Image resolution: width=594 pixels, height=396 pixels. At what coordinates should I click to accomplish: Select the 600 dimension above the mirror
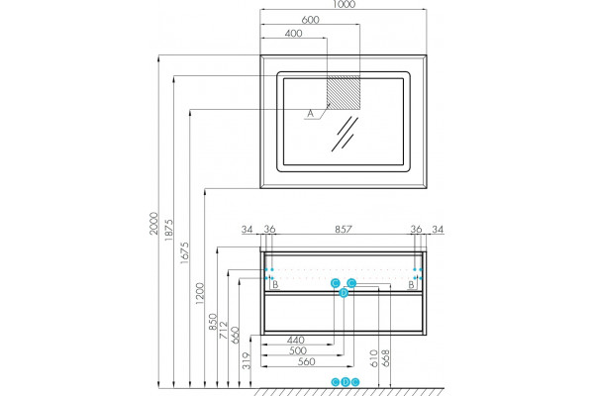pyautogui.click(x=310, y=20)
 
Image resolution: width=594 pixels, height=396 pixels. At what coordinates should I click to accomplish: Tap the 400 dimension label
pyautogui.click(x=293, y=34)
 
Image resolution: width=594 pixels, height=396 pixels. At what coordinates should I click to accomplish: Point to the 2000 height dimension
pyautogui.click(x=153, y=223)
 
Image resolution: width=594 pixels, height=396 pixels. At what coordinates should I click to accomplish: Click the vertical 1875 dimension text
pyautogui.click(x=168, y=230)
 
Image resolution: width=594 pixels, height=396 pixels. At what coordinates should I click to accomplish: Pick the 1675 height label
pyautogui.click(x=184, y=252)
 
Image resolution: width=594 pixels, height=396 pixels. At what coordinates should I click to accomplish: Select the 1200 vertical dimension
pyautogui.click(x=199, y=293)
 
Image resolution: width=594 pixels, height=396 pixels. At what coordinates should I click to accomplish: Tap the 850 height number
pyautogui.click(x=213, y=321)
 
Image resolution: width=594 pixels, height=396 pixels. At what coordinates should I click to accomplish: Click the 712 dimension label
pyautogui.click(x=224, y=329)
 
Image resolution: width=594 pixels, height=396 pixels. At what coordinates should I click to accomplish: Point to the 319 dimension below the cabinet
pyautogui.click(x=247, y=360)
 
